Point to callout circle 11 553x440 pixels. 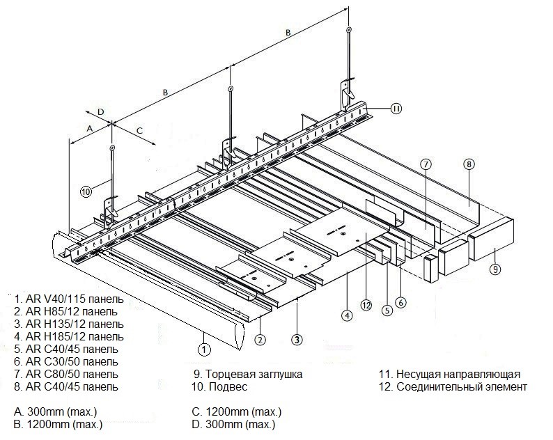(x=396, y=108)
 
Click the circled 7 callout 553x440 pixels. (x=427, y=164)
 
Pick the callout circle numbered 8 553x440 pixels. (x=469, y=164)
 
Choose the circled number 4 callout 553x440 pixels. (x=345, y=315)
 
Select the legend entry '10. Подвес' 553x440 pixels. (x=222, y=386)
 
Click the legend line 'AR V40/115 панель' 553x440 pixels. (x=69, y=299)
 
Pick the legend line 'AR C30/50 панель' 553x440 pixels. (x=66, y=361)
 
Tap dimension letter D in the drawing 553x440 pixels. (x=100, y=111)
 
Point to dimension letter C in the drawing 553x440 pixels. (x=139, y=129)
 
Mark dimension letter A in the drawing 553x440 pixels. (x=89, y=129)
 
